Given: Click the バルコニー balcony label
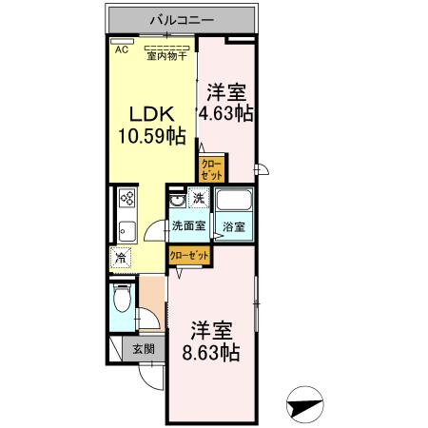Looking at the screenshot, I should pos(181,19).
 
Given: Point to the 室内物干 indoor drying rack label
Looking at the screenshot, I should pos(166,55).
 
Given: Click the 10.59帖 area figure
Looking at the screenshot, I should pos(150,137).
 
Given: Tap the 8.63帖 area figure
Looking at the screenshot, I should pos(211,353).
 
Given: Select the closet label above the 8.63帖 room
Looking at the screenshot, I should pos(189,254).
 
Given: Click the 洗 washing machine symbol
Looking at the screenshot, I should pos(199,199).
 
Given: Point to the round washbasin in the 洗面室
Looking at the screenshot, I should pos(176,203).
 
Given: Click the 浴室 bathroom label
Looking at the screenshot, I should pos(234,226).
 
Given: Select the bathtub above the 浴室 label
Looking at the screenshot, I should pos(233,203).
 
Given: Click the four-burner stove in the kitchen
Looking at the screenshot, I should pos(126,199).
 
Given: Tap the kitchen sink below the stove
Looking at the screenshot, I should pos(126,230).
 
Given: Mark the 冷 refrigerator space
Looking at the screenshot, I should pos(121,258).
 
